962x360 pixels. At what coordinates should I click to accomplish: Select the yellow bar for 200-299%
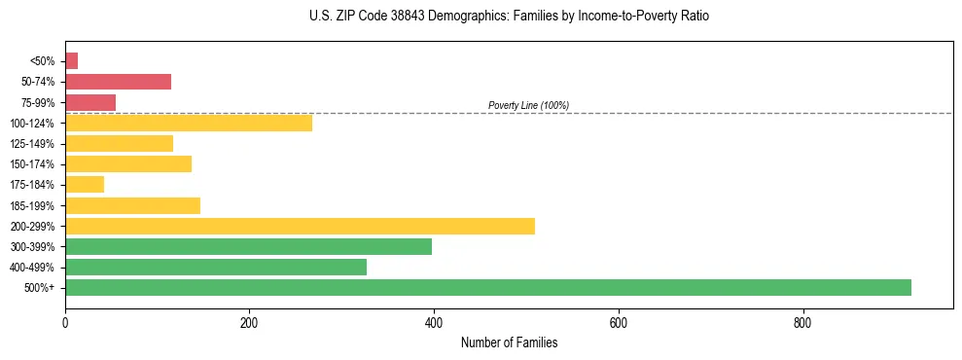300,226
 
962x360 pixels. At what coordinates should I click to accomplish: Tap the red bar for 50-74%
118,82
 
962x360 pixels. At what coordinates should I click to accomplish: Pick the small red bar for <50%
71,61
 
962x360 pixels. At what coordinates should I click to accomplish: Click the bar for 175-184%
85,185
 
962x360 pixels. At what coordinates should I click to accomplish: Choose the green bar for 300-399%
248,246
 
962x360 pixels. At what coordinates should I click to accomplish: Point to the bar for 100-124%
189,123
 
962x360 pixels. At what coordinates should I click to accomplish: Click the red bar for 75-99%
90,102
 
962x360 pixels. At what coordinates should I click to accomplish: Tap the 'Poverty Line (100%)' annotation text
528,105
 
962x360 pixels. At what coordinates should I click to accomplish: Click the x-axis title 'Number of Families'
509,342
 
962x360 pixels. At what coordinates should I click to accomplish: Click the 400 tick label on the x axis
434,323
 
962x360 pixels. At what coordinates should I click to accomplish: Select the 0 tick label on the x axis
65,323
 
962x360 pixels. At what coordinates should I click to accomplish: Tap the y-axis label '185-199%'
32,205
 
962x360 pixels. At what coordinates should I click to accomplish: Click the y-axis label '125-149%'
32,144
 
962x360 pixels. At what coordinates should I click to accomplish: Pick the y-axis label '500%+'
40,288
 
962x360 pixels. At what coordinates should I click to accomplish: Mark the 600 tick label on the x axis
618,323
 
